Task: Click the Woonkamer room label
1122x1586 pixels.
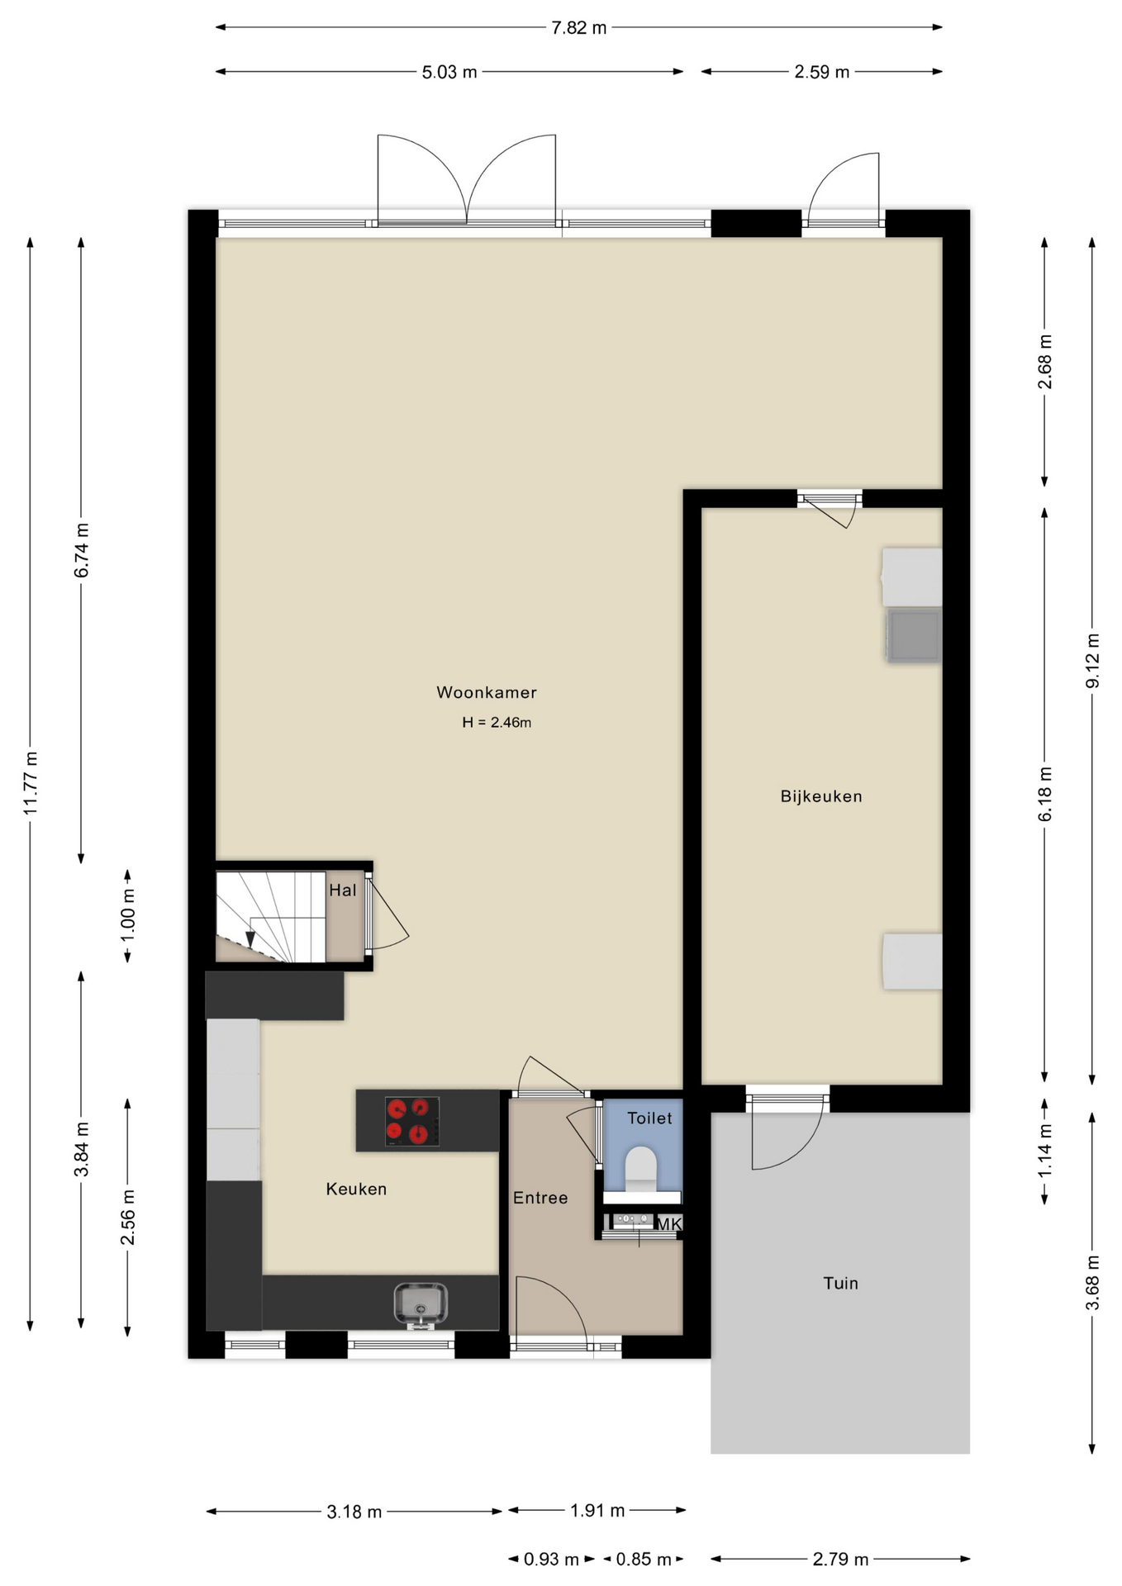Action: (487, 692)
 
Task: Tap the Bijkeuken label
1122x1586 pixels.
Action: (821, 796)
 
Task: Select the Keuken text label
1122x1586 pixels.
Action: (356, 1189)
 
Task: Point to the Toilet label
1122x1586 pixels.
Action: (649, 1118)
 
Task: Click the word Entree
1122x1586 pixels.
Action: (540, 1198)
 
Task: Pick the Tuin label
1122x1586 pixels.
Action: (840, 1283)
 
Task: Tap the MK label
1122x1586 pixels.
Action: (669, 1223)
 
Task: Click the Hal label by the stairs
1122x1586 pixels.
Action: (343, 890)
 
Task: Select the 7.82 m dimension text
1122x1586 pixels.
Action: (579, 27)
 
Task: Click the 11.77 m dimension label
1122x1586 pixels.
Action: (31, 782)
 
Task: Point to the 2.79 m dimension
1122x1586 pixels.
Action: (840, 1559)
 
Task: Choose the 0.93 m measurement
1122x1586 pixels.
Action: (551, 1559)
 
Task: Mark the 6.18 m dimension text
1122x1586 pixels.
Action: (1045, 794)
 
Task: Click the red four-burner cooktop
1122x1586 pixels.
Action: (411, 1121)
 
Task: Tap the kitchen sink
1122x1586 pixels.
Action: (421, 1303)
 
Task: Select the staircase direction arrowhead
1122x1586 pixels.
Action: (250, 939)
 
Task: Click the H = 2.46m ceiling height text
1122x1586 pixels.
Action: (497, 722)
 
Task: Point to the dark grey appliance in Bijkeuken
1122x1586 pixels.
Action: (914, 634)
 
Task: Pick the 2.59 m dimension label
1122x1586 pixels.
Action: (822, 72)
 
